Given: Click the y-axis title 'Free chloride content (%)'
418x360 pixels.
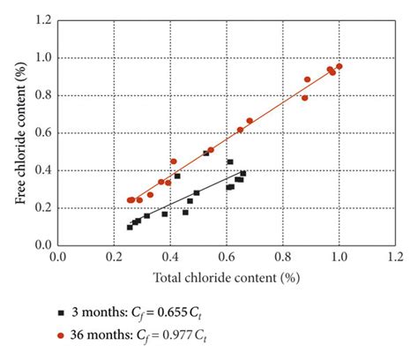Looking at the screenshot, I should [20, 132].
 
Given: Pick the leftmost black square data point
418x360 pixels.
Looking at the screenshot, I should [130, 227].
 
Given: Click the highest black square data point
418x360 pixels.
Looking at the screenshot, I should [206, 153].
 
